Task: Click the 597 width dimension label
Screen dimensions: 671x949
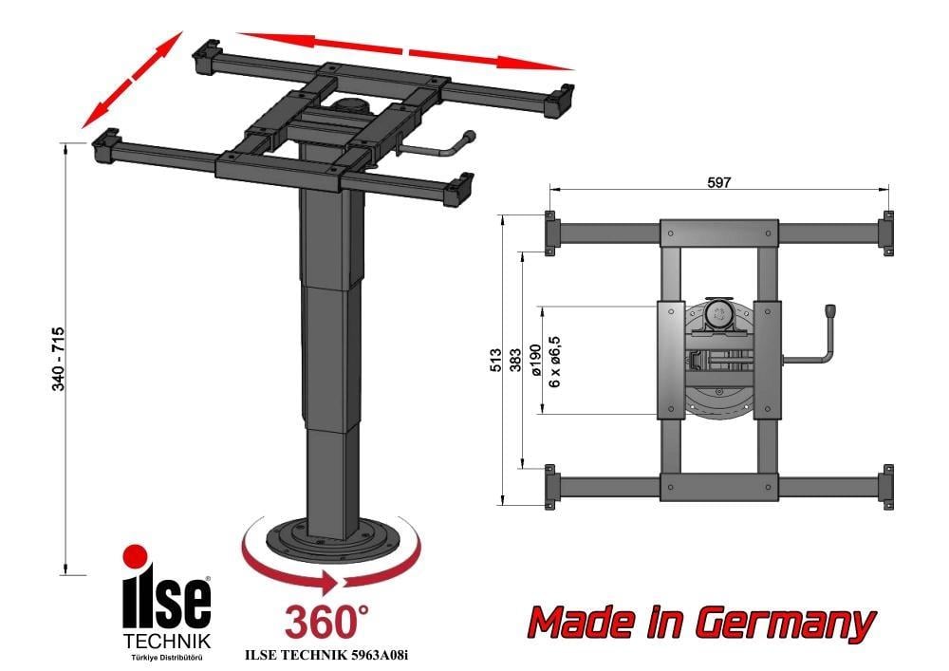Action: [719, 183]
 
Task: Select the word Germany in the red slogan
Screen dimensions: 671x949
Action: [785, 623]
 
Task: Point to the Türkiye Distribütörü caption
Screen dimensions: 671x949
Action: [166, 657]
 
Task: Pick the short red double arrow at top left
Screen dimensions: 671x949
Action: [131, 80]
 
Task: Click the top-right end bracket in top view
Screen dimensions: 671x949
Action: [886, 230]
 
